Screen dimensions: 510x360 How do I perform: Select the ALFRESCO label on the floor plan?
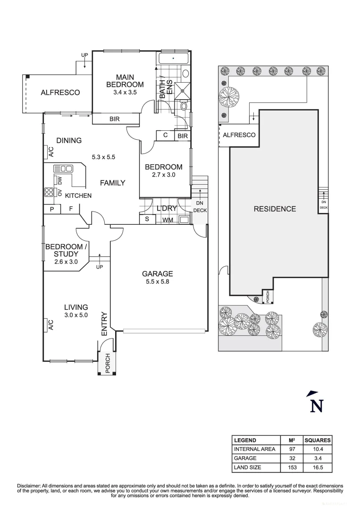coord(60,93)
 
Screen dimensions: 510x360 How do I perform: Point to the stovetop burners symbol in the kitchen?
coord(49,192)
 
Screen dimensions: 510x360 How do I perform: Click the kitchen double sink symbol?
coord(62,169)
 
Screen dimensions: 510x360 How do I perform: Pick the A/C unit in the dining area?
coord(50,152)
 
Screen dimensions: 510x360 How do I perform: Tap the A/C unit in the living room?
coord(50,325)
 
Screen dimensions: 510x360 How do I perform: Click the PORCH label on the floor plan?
coord(108,364)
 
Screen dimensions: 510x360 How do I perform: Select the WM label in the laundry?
coord(167,220)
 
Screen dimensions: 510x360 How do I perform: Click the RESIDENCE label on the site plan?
coord(275,209)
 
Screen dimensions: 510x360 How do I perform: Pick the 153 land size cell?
coord(292,467)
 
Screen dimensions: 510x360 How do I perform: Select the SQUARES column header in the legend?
coord(317,440)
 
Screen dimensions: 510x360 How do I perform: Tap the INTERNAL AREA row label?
coord(254,449)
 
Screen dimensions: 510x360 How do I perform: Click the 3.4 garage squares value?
coord(317,458)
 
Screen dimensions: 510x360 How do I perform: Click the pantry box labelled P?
coord(52,209)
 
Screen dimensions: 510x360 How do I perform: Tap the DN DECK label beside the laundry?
coord(200,207)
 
